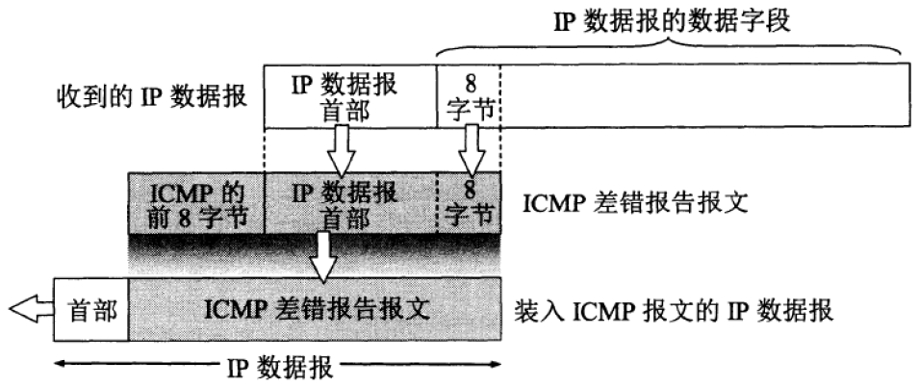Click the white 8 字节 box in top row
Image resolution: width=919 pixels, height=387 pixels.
pyautogui.click(x=470, y=95)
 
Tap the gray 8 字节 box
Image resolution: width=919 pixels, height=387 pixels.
pyautogui.click(x=470, y=202)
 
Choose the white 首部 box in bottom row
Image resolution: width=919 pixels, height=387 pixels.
pyautogui.click(x=92, y=310)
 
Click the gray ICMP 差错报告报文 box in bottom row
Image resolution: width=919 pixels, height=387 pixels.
pyautogui.click(x=316, y=310)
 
